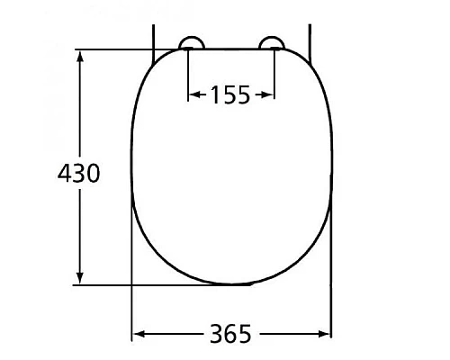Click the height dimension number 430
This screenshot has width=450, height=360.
point(77,173)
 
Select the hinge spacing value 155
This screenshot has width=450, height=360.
point(230,94)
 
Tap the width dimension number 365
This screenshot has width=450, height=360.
point(230,335)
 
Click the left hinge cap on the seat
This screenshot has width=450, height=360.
point(191,43)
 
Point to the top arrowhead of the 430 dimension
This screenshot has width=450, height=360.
point(81,56)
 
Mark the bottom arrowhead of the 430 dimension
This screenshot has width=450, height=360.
point(81,280)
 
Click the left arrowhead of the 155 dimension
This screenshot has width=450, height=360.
point(193,94)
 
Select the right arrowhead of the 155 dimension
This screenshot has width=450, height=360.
point(268,94)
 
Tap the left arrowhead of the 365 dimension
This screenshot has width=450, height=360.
point(138,335)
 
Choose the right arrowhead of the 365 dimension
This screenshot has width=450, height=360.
point(326,335)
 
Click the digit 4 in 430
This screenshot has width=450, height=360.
point(64,173)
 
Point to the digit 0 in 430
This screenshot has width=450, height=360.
point(92,173)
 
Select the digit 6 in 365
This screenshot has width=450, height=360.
point(230,335)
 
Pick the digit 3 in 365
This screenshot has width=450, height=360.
point(216,335)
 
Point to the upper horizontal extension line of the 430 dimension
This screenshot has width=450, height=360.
point(117,49)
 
